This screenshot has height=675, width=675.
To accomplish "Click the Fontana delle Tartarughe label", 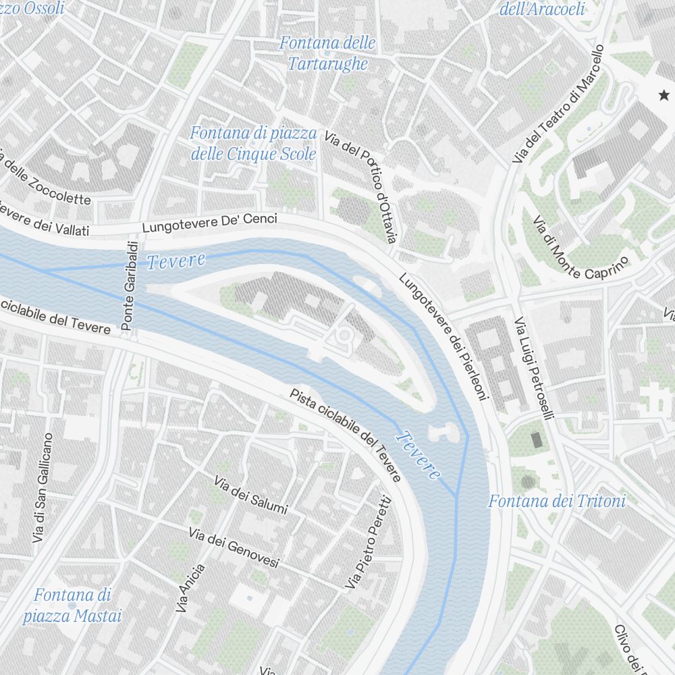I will [327, 53].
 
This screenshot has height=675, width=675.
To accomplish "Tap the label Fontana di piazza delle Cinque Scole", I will [253, 144].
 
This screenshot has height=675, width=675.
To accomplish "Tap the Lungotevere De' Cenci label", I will [209, 223].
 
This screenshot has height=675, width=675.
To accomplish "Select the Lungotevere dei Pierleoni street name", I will [443, 336].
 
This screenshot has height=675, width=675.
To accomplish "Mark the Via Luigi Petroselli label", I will [534, 369].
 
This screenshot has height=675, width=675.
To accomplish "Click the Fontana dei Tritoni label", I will [557, 502].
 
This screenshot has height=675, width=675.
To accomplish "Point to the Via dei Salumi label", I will [250, 494].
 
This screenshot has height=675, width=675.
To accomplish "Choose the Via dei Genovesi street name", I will [234, 548].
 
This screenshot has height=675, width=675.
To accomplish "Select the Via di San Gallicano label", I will [42, 487].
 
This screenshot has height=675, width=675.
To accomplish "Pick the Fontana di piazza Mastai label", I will [72, 605].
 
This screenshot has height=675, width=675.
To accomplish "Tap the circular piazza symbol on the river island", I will [345, 334].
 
